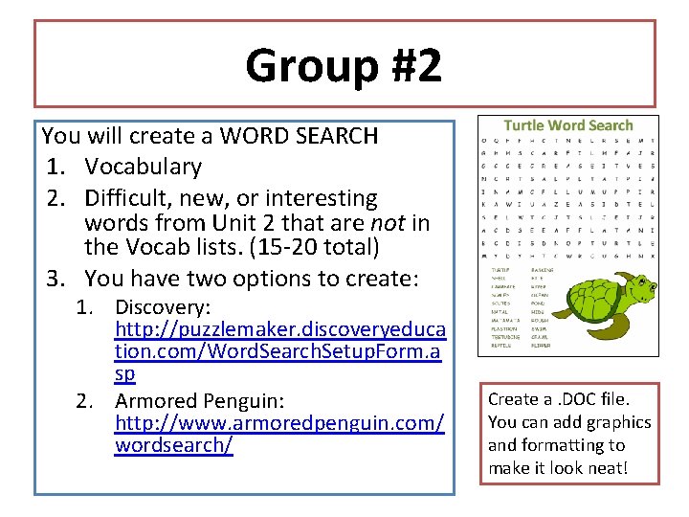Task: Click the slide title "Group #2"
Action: [344, 66]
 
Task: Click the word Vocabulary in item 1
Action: [144, 167]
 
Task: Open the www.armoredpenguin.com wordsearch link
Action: [278, 422]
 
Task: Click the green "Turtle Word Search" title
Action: [568, 125]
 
